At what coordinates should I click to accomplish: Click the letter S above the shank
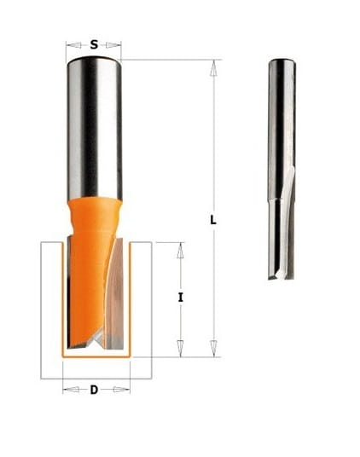tap(94, 45)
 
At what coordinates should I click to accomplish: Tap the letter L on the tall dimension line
tap(213, 220)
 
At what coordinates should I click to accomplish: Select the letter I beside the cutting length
tap(181, 298)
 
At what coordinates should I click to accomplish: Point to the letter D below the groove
tap(94, 390)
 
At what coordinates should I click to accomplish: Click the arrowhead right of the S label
tap(113, 45)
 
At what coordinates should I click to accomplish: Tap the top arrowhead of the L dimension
tap(213, 68)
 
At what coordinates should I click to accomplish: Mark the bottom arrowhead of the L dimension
tap(213, 348)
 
